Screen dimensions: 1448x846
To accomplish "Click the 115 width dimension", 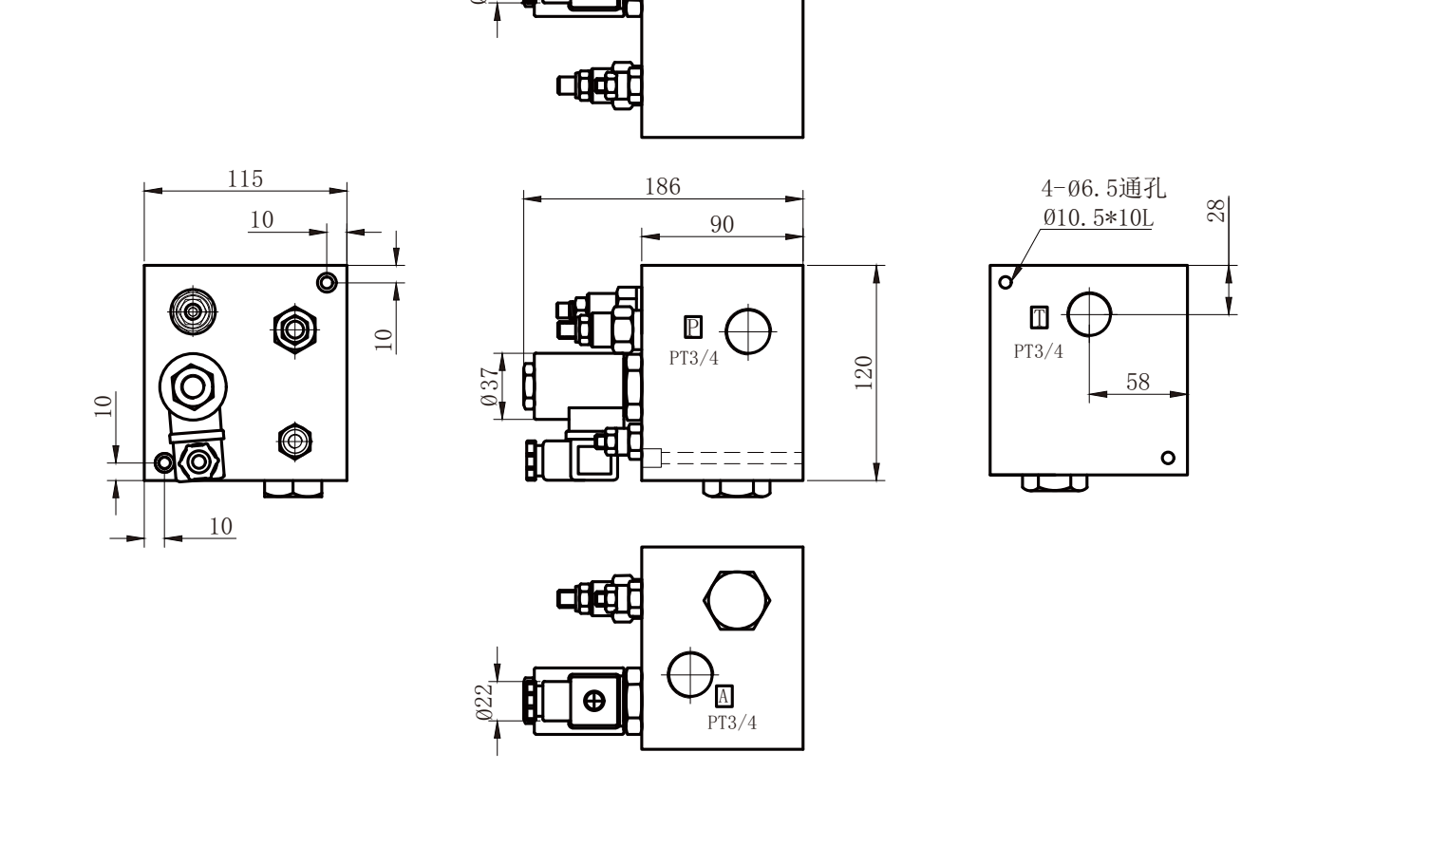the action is point(245,179).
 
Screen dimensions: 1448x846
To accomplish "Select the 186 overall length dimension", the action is point(663,187).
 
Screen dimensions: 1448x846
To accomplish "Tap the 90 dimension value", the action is point(722,224).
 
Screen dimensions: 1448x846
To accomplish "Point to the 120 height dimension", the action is point(864,372).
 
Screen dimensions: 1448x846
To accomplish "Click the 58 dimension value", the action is point(1138,382).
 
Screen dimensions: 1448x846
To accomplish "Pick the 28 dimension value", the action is point(1216,211).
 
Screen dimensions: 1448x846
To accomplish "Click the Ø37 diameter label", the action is point(491,386).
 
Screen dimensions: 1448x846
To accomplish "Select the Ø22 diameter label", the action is point(484,702).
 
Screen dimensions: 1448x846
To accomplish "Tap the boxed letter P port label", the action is point(693,327).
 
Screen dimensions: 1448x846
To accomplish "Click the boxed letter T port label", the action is point(1039,317).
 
